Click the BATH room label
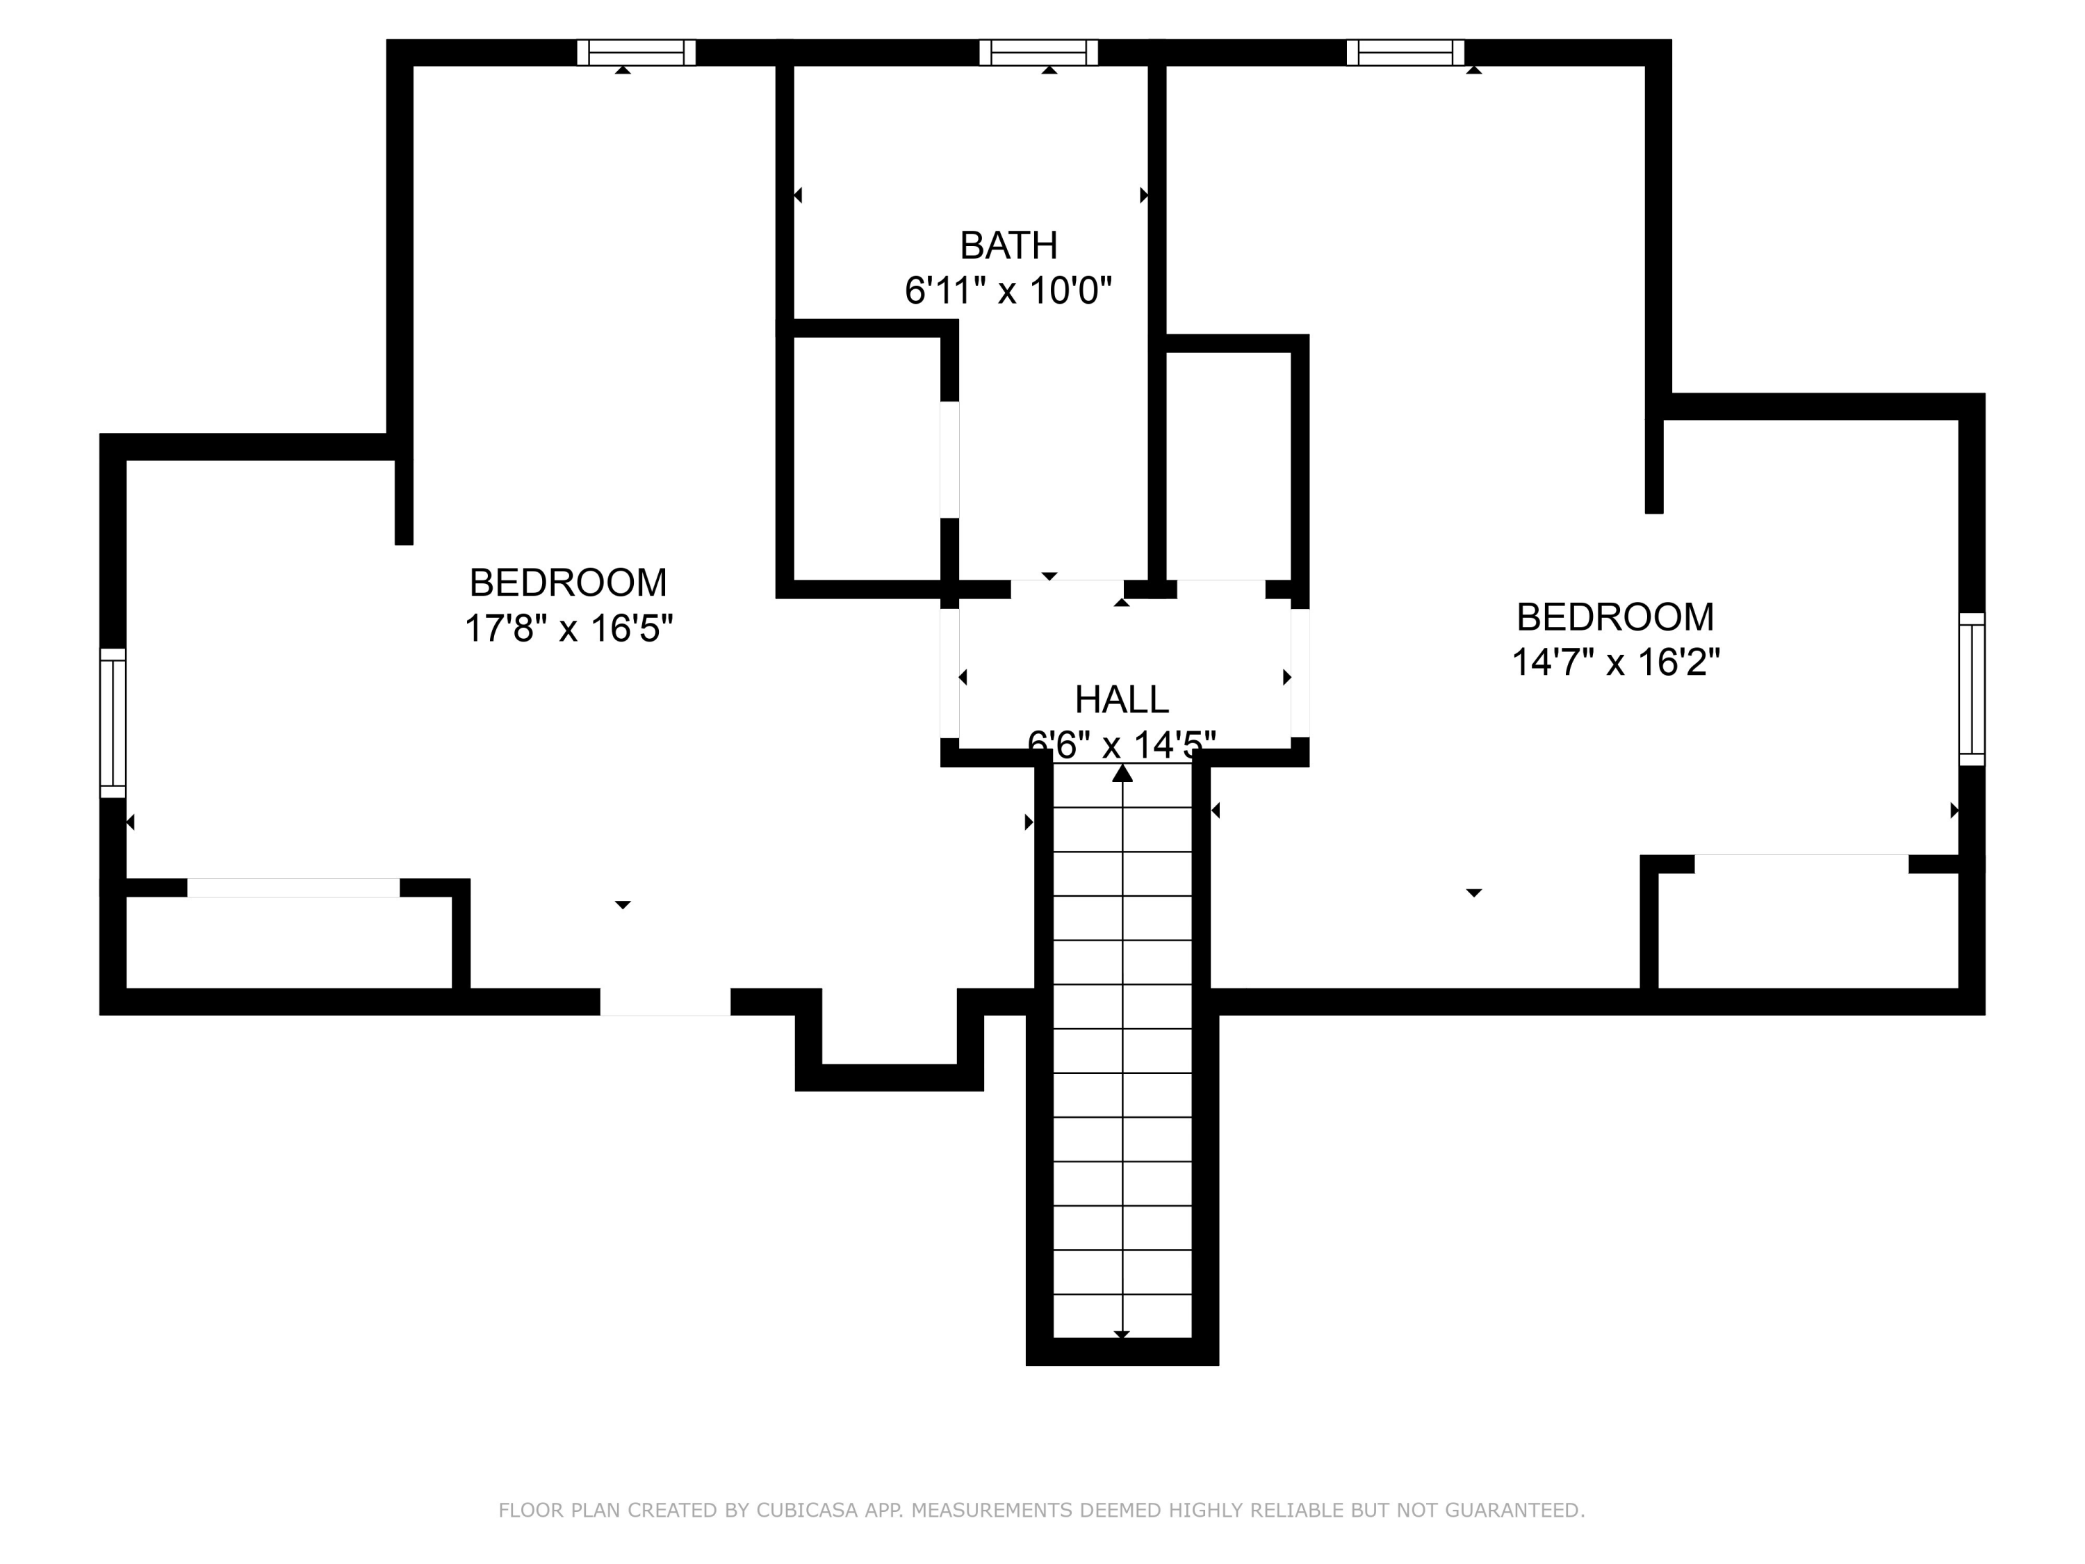pos(1008,245)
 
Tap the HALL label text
pos(1122,699)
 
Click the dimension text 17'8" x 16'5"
pos(569,628)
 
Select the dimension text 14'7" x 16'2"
pos(1616,662)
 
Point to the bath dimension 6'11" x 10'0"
pos(1008,291)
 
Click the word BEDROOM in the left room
pos(569,583)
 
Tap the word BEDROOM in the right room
pos(1616,617)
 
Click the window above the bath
pos(1039,53)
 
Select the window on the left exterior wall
pos(113,723)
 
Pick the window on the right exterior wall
pos(1972,689)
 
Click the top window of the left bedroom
pos(636,53)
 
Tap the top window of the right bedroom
pos(1405,53)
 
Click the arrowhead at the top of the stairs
pos(1122,773)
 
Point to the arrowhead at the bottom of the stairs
pos(1122,1335)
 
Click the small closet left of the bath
pos(867,458)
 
